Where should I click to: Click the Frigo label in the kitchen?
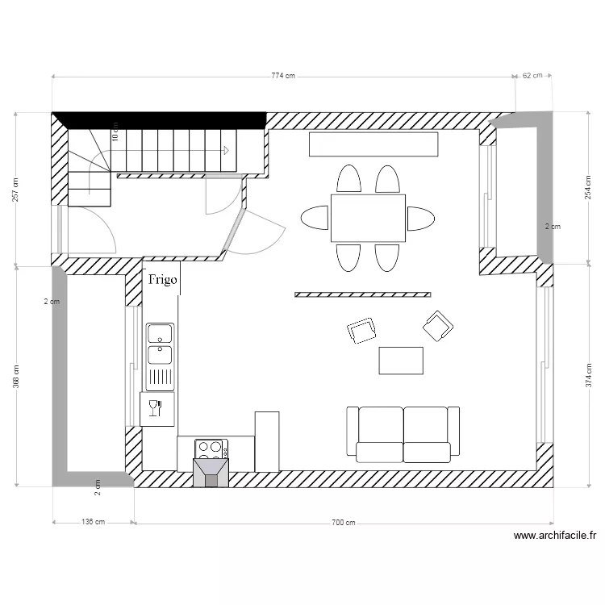pyautogui.click(x=162, y=280)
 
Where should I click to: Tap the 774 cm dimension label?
pyautogui.click(x=283, y=76)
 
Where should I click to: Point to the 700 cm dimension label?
pyautogui.click(x=344, y=522)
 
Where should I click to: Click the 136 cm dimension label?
pyautogui.click(x=94, y=522)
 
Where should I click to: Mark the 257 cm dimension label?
pyautogui.click(x=16, y=190)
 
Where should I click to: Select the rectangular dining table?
pyautogui.click(x=368, y=218)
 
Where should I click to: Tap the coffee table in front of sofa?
pyautogui.click(x=401, y=361)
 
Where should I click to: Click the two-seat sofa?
pyautogui.click(x=403, y=434)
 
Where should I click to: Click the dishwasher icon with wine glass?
pyautogui.click(x=156, y=408)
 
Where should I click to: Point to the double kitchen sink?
pyautogui.click(x=159, y=344)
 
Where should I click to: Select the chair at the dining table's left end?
pyautogui.click(x=315, y=218)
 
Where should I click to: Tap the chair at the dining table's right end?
pyautogui.click(x=420, y=218)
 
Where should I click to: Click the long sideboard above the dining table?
pyautogui.click(x=373, y=145)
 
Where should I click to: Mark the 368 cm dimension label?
pyautogui.click(x=16, y=376)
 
